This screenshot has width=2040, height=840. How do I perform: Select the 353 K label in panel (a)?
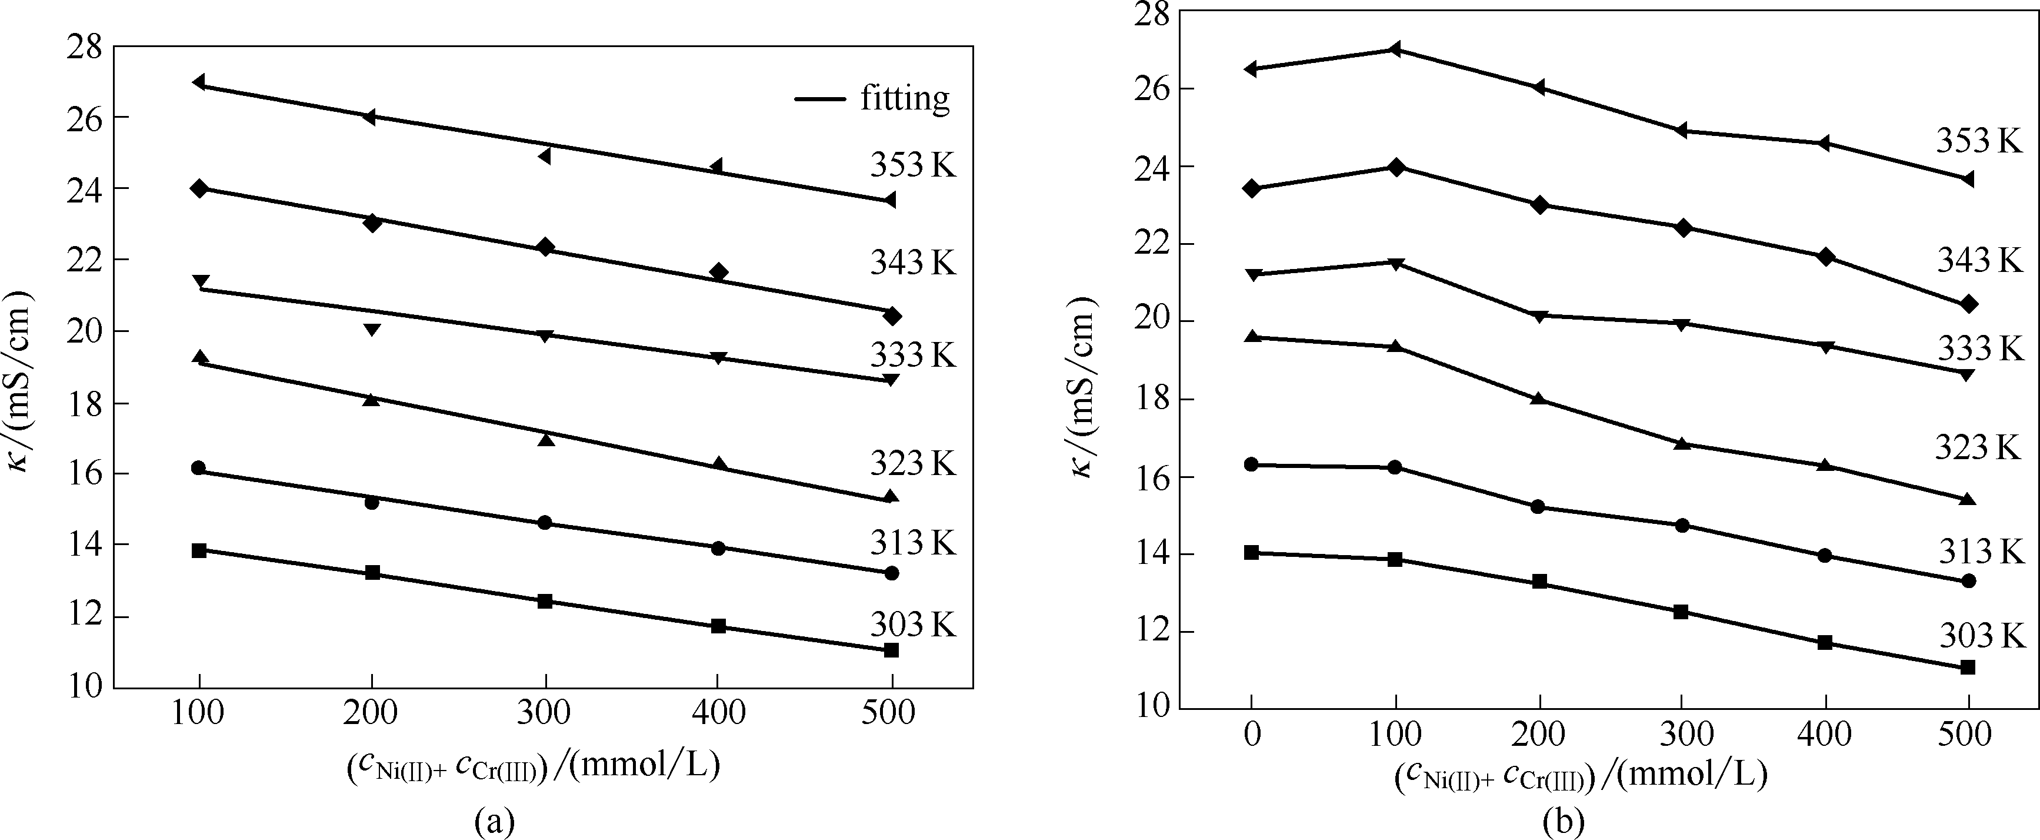click(x=913, y=165)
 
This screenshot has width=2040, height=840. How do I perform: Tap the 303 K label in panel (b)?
click(x=1981, y=636)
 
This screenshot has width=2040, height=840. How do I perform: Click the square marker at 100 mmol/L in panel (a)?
click(x=199, y=550)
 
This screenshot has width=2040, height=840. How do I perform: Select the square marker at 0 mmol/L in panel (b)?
click(x=1251, y=552)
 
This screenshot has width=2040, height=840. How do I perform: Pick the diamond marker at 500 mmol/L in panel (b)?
click(x=1969, y=304)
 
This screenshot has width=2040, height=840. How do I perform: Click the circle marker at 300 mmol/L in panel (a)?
click(x=545, y=522)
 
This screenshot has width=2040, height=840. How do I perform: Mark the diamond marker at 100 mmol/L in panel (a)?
click(x=199, y=188)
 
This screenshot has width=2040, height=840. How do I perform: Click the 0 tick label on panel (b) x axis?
click(x=1251, y=734)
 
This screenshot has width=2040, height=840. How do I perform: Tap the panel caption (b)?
click(x=1564, y=822)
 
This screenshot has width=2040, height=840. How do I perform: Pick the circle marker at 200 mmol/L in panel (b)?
click(x=1538, y=506)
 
